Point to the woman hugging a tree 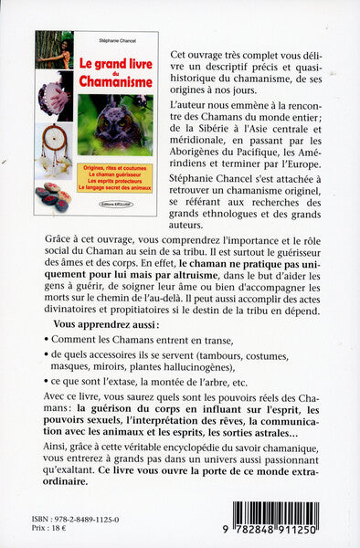54,51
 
